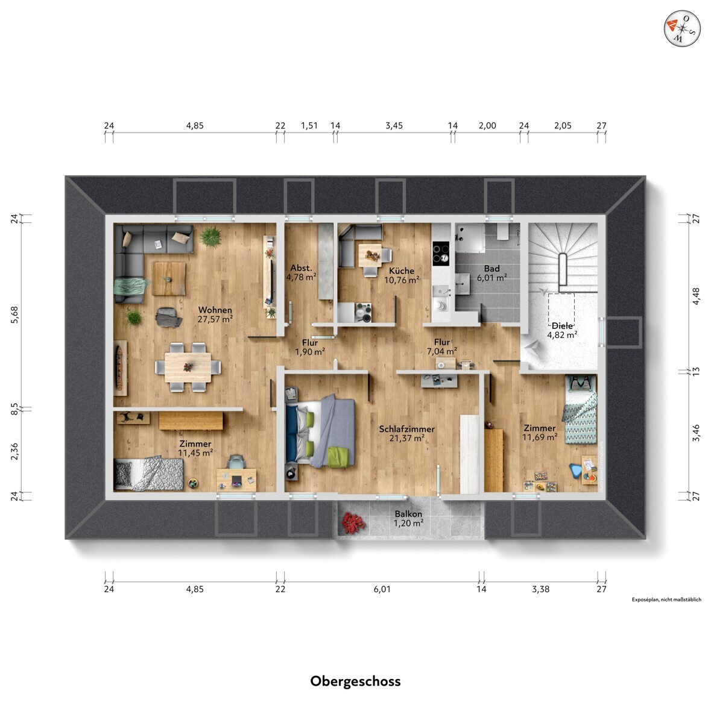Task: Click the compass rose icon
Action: click(x=682, y=29)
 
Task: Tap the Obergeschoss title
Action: click(x=355, y=681)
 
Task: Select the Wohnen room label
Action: click(x=215, y=310)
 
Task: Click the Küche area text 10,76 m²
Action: click(x=402, y=280)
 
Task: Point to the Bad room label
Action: click(x=491, y=269)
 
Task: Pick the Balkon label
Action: click(x=408, y=514)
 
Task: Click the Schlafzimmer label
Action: click(x=407, y=429)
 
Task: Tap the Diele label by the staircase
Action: click(x=562, y=326)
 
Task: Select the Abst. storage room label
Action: click(x=302, y=268)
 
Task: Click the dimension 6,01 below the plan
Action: click(x=382, y=589)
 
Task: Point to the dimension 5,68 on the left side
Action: click(x=14, y=315)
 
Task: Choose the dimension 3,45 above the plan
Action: click(x=394, y=126)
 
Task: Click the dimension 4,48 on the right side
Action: click(x=696, y=296)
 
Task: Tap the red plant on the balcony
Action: click(x=353, y=522)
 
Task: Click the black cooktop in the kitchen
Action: click(x=441, y=253)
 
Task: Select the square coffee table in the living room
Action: click(x=169, y=278)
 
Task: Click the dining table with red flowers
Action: click(x=188, y=367)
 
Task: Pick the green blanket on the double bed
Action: click(x=340, y=457)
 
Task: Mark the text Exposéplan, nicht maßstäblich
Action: click(x=666, y=599)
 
